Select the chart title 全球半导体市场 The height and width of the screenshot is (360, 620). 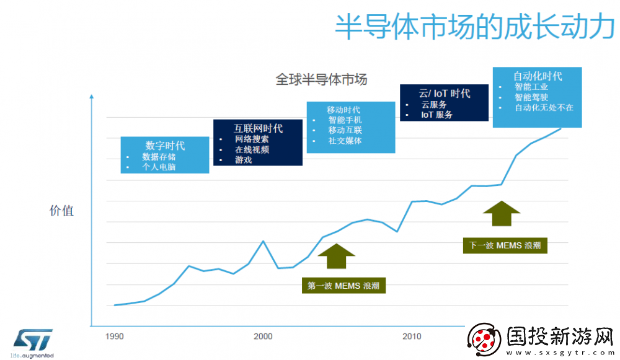[321, 79]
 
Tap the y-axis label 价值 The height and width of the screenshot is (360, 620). [61, 211]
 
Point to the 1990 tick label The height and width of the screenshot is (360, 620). [114, 336]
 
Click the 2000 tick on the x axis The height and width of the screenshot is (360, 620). [263, 336]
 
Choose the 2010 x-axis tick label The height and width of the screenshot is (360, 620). [412, 336]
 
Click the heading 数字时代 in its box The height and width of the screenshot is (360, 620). [165, 146]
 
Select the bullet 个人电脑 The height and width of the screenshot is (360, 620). [159, 167]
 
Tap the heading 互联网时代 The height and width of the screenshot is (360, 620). [258, 128]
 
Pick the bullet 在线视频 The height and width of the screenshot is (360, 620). [252, 149]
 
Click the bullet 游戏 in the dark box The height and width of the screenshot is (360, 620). [243, 160]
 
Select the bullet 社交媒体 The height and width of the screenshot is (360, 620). [345, 141]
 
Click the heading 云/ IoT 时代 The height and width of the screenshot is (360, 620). [444, 94]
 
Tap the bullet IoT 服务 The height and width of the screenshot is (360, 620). [437, 115]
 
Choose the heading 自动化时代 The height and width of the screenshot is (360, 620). [538, 76]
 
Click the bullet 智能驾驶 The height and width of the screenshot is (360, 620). [531, 97]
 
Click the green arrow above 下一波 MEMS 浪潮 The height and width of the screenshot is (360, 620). [502, 213]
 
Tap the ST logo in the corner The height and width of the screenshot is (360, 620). [33, 340]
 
